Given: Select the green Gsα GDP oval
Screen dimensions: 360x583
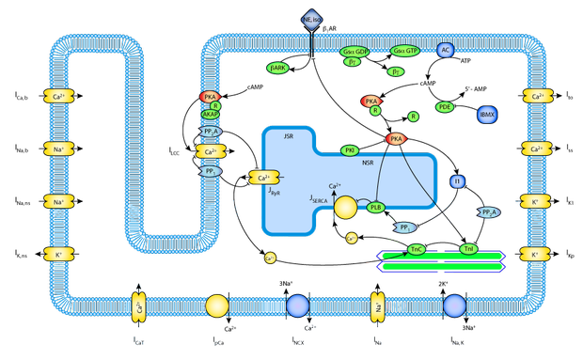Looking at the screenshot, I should coord(355,52).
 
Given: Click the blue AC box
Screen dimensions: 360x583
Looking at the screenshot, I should coord(446,51).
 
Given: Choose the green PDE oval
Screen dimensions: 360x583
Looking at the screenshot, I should coord(445,107).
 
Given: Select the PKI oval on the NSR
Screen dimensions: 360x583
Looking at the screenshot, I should coord(350,150).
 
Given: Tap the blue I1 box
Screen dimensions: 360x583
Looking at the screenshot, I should coord(458,180).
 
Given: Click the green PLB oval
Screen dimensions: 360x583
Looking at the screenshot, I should coord(376,208).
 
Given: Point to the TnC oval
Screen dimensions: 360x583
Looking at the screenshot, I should coord(417,249).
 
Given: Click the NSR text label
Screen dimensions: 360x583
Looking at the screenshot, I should coord(368,162).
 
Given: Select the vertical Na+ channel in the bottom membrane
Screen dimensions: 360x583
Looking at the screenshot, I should coord(379,306).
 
